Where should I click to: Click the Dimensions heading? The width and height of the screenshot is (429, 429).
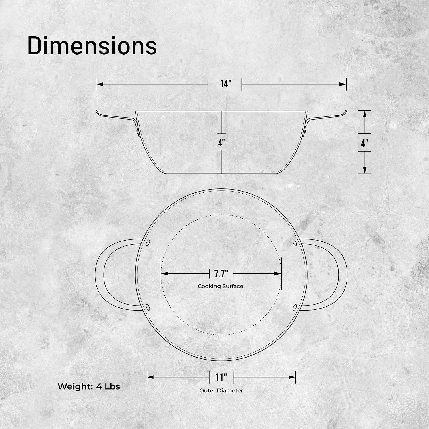click(x=92, y=46)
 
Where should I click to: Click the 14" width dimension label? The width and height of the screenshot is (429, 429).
click(x=225, y=84)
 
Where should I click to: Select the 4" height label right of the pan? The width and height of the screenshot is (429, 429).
click(x=364, y=143)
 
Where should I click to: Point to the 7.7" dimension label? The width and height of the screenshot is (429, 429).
click(x=221, y=274)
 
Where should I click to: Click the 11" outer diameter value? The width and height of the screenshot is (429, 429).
click(x=221, y=377)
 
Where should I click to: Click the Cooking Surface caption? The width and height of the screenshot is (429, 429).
click(x=221, y=286)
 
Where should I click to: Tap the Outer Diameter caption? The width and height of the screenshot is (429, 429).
click(x=221, y=390)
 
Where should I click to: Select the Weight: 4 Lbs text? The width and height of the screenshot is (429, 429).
click(x=89, y=386)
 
